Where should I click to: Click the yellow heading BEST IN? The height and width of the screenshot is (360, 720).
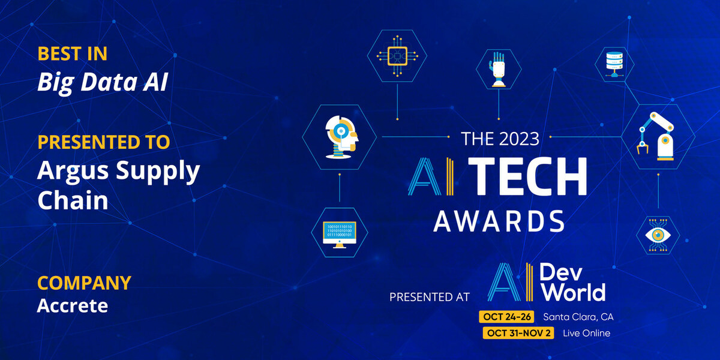(73, 53)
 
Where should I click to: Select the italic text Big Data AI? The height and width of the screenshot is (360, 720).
(103, 82)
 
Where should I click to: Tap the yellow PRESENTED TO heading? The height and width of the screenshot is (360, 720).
(103, 142)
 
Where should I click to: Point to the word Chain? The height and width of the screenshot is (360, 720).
(73, 200)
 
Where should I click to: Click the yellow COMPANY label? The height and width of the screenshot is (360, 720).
(84, 283)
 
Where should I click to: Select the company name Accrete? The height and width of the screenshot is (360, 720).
(73, 305)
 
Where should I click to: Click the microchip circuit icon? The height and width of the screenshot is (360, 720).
(397, 56)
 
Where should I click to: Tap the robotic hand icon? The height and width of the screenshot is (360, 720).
(498, 69)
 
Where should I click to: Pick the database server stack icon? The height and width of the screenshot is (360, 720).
(614, 64)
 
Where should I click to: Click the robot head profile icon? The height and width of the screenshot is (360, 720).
(341, 137)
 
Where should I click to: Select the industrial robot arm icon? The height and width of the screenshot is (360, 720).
(656, 136)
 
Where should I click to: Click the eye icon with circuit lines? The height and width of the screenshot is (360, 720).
(658, 235)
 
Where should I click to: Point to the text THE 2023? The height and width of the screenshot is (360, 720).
(500, 139)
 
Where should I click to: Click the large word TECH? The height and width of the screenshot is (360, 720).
(527, 176)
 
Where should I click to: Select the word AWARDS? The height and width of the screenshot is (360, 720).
(499, 221)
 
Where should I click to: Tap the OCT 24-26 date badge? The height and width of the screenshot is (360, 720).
(506, 317)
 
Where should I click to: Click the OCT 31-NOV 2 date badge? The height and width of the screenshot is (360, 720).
(518, 333)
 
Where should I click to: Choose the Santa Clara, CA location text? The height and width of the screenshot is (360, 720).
(578, 317)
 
